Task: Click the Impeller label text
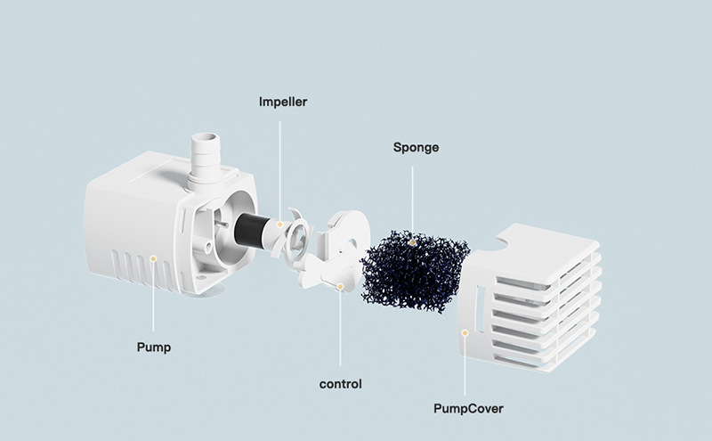click(283, 102)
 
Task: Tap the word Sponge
click(416, 148)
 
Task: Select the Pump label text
click(154, 347)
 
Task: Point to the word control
click(341, 384)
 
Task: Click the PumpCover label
click(468, 408)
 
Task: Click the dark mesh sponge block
click(415, 272)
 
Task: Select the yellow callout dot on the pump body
click(153, 258)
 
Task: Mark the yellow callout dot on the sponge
click(412, 242)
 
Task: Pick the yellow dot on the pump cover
click(465, 333)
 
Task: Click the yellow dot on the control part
click(340, 286)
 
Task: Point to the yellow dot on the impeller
click(280, 225)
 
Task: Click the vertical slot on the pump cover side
click(480, 308)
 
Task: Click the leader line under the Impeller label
click(279, 171)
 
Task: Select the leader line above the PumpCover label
click(465, 366)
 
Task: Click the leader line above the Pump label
click(153, 297)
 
